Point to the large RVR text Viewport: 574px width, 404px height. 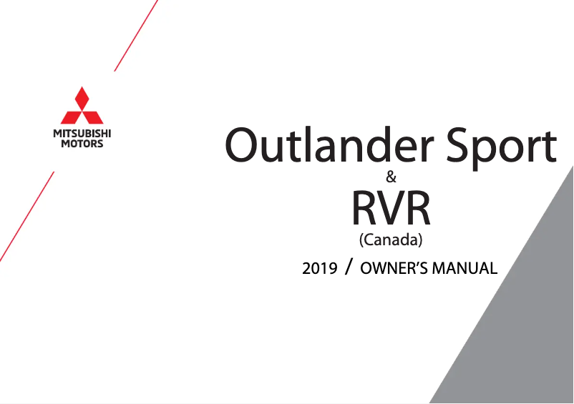click(391, 207)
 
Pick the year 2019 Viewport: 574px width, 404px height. click(319, 269)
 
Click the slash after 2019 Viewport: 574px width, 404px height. click(348, 267)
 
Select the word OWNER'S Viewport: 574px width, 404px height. click(394, 269)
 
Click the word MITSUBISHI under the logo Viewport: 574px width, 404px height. click(82, 134)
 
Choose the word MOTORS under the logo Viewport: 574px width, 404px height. click(82, 144)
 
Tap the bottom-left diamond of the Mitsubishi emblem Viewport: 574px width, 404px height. click(72, 117)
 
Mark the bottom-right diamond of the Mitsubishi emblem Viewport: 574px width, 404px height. click(93, 117)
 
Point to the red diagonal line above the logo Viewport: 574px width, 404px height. click(136, 36)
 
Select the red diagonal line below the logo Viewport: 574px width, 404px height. click(27, 216)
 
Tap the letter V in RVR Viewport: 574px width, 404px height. click(391, 207)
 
